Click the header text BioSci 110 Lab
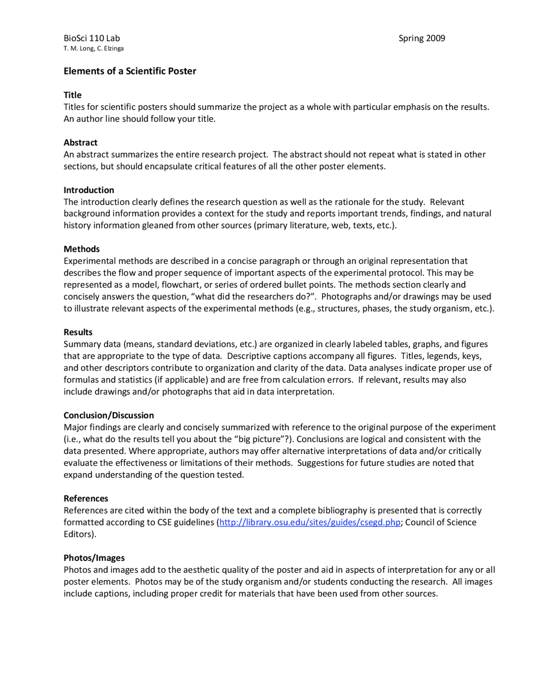pos(92,38)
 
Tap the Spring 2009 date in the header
pos(421,38)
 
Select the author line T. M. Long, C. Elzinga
pos(93,49)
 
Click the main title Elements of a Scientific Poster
pos(130,71)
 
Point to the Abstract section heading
pos(80,142)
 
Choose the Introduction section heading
pos(89,190)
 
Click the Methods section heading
pos(82,249)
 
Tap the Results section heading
pos(78,332)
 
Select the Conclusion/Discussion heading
pos(109,415)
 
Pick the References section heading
pos(86,498)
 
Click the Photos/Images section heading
pos(94,558)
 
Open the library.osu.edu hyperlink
pos(309,522)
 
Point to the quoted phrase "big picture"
pos(262,439)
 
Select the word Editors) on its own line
pos(80,534)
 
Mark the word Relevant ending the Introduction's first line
pos(447,202)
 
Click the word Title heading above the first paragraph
pos(73,95)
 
